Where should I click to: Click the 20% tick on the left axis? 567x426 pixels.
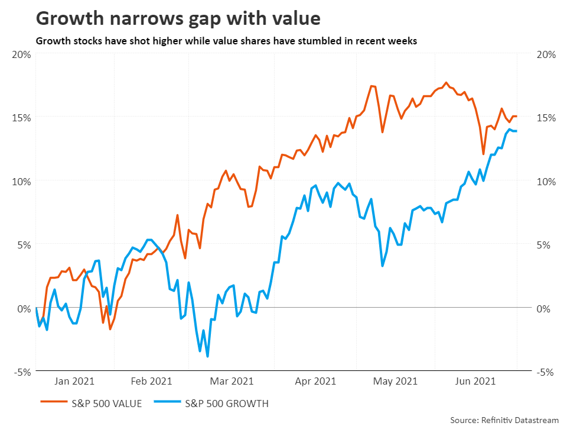click(x=21, y=54)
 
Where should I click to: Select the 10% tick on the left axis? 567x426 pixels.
click(x=21, y=181)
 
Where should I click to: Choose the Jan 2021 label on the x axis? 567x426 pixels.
click(x=74, y=382)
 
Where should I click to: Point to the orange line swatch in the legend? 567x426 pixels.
click(x=53, y=404)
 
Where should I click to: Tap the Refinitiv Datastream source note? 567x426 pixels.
click(x=504, y=419)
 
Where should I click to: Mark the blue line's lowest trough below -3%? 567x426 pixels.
click(x=207, y=356)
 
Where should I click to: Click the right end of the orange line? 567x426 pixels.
click(x=516, y=117)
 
